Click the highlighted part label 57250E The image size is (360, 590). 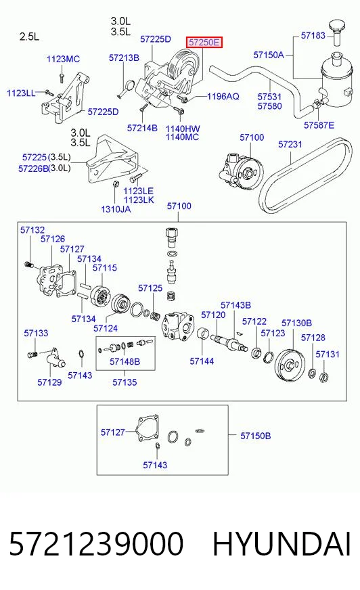(x=204, y=42)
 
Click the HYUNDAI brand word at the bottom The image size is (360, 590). (x=282, y=544)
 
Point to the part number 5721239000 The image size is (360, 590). (x=96, y=544)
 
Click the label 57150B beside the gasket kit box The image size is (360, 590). (x=255, y=436)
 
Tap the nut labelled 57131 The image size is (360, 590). (x=323, y=376)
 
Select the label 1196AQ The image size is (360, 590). (x=223, y=96)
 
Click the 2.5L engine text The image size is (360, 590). (x=29, y=37)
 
